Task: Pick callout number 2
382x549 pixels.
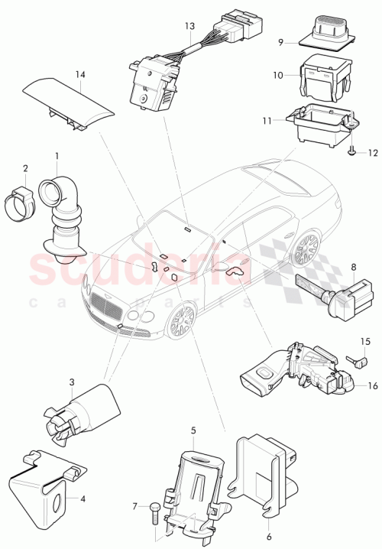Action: click(x=25, y=169)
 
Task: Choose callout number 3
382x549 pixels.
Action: click(x=71, y=382)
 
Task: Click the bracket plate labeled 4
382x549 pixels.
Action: click(x=42, y=487)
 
